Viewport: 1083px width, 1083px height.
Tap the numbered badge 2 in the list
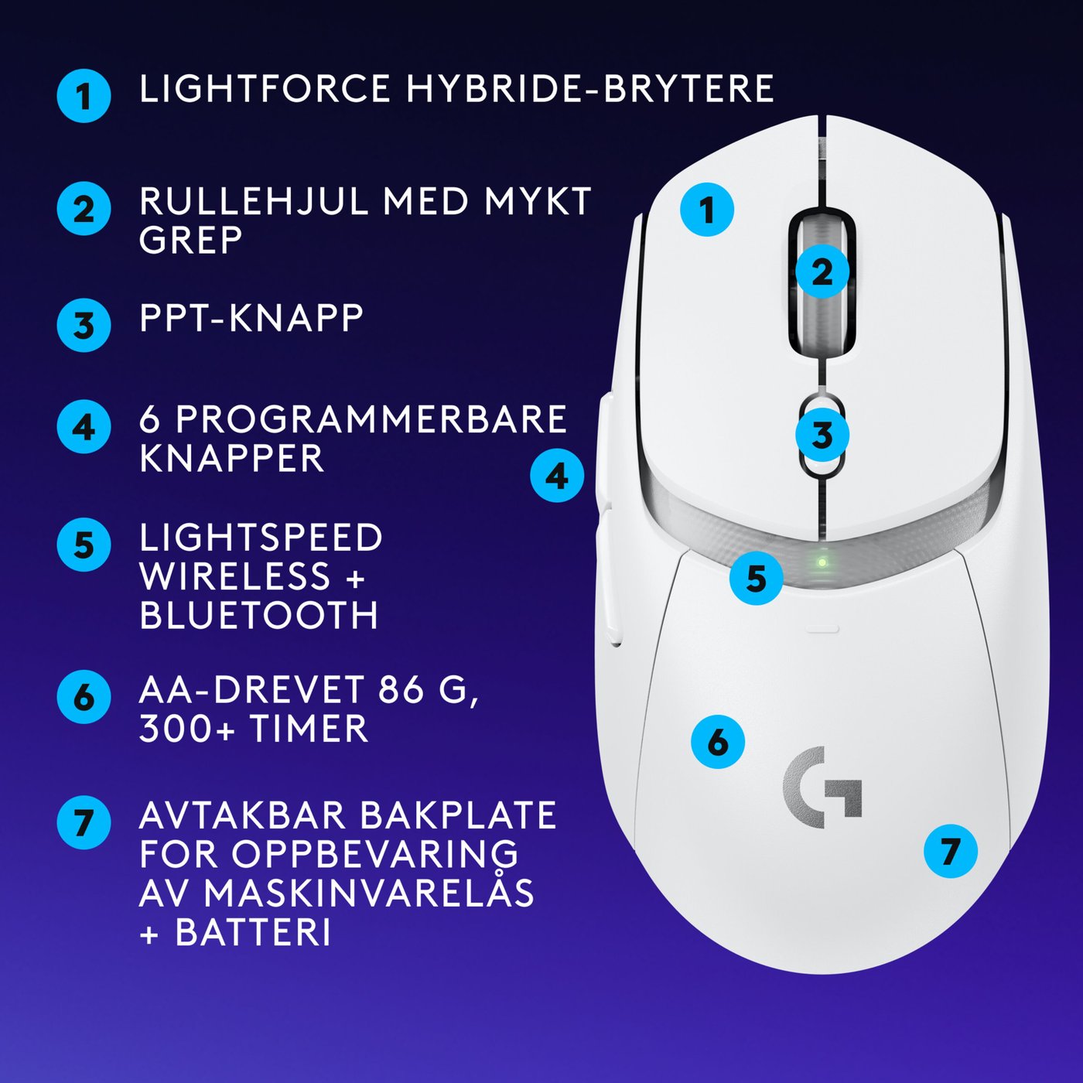pyautogui.click(x=84, y=209)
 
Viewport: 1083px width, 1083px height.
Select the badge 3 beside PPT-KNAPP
pyautogui.click(x=84, y=325)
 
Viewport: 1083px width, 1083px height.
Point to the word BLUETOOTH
pyautogui.click(x=259, y=616)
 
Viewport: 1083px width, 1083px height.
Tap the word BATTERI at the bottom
pyautogui.click(x=254, y=932)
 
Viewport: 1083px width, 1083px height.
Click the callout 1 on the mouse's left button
pyautogui.click(x=707, y=210)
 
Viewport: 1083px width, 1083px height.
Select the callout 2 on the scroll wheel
pyautogui.click(x=822, y=272)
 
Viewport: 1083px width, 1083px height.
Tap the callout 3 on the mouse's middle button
pyautogui.click(x=822, y=436)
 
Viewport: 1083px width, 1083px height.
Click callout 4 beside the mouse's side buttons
pyautogui.click(x=557, y=476)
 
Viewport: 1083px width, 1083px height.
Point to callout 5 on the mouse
pyautogui.click(x=756, y=578)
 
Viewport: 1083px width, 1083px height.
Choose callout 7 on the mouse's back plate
pyautogui.click(x=950, y=851)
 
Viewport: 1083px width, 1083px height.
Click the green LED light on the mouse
pyautogui.click(x=822, y=562)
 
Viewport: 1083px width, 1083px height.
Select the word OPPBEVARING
pyautogui.click(x=374, y=853)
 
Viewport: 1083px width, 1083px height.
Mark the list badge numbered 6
pyautogui.click(x=84, y=697)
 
